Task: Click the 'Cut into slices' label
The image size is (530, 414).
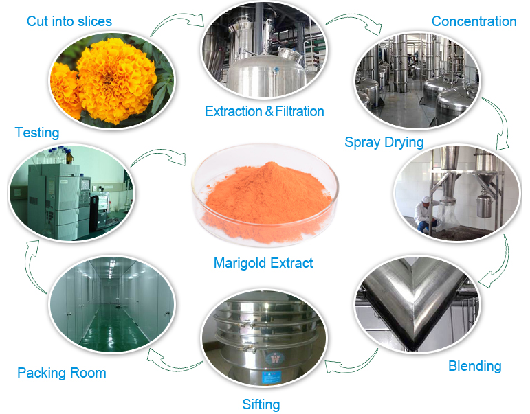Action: point(69,21)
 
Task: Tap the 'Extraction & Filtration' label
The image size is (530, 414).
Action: point(265,111)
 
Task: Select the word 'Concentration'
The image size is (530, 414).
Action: point(474,21)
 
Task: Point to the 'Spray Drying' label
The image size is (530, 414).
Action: point(384,142)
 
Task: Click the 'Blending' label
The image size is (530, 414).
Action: point(474,366)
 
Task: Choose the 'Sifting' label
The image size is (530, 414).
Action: point(261,404)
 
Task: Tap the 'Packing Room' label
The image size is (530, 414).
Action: point(62,373)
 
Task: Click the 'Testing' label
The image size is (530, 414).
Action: point(37,133)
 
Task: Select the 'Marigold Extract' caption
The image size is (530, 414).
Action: point(263,263)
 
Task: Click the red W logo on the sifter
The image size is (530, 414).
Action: point(276,358)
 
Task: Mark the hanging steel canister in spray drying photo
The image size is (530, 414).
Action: point(485,204)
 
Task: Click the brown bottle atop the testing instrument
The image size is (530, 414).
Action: point(69,157)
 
